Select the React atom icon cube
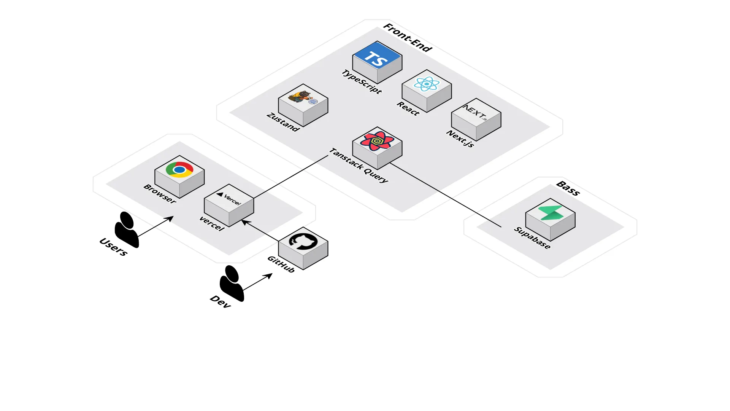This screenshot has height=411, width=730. [x=427, y=91]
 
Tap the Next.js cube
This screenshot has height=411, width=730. [x=476, y=119]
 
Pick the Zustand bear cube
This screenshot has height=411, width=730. [x=303, y=105]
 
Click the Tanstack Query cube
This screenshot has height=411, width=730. [x=377, y=148]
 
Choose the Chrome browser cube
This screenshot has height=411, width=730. [x=179, y=177]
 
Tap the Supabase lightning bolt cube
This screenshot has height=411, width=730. [x=550, y=220]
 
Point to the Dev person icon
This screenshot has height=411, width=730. [x=231, y=284]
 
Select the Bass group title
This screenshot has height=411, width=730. [x=568, y=188]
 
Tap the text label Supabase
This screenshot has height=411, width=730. [x=532, y=238]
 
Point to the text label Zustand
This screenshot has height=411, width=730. [x=283, y=122]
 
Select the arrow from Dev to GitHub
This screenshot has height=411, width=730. [x=257, y=282]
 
